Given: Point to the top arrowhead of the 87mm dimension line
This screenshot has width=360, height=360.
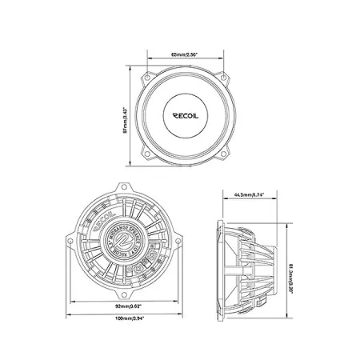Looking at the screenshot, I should [130, 70].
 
